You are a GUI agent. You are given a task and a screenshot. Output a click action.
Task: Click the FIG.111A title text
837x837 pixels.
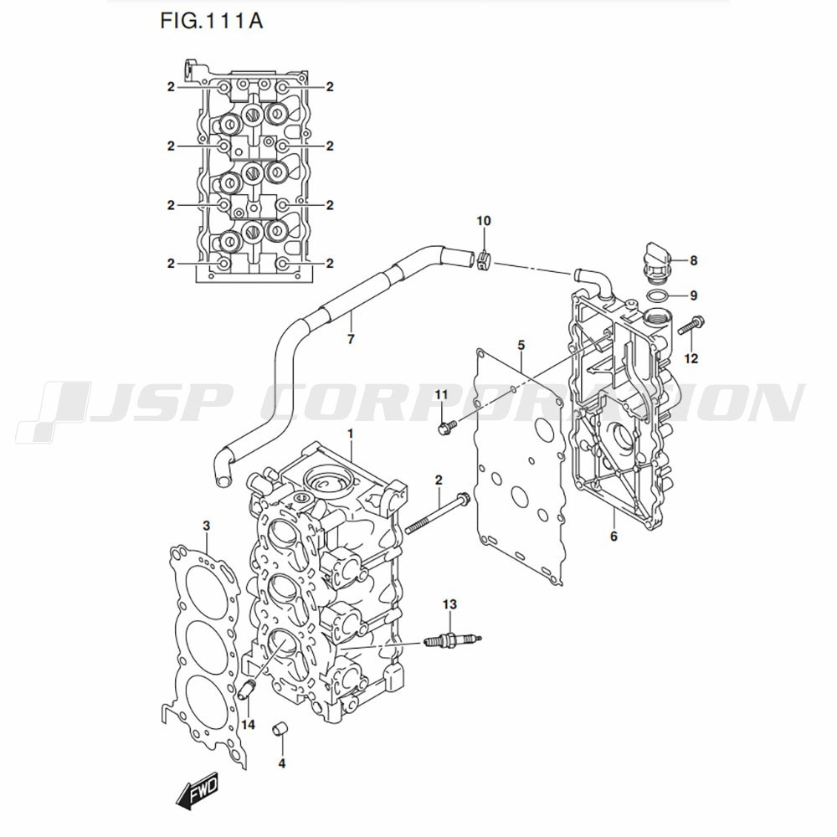pos(212,21)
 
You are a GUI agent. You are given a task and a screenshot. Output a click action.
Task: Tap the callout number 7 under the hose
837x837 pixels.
pos(351,338)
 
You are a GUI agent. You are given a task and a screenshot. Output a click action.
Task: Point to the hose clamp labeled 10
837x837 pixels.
pos(483,260)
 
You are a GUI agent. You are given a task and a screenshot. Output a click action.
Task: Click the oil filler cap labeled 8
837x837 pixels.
pos(655,264)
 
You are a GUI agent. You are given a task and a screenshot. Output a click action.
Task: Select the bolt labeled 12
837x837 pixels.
pos(692,325)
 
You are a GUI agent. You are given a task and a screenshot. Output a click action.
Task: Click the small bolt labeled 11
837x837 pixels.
pos(446,427)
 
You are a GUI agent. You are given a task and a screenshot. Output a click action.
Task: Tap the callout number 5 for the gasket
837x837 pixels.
pos(521,346)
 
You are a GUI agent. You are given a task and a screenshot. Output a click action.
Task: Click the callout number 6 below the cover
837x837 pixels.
pos(614,536)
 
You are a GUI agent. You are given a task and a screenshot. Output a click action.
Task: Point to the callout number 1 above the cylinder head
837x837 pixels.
pos(350,434)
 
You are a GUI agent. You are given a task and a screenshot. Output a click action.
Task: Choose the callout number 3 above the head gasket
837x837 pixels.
pos(206,526)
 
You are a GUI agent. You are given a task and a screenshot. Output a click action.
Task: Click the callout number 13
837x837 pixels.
pos(449,604)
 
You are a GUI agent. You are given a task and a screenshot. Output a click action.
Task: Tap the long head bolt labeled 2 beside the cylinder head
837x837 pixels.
pos(438,514)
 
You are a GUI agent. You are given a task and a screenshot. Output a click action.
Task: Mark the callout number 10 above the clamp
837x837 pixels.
pos(483,220)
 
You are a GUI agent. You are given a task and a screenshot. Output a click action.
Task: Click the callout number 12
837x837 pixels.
pos(691,358)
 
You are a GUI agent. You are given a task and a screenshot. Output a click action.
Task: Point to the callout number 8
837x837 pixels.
pos(693,260)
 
